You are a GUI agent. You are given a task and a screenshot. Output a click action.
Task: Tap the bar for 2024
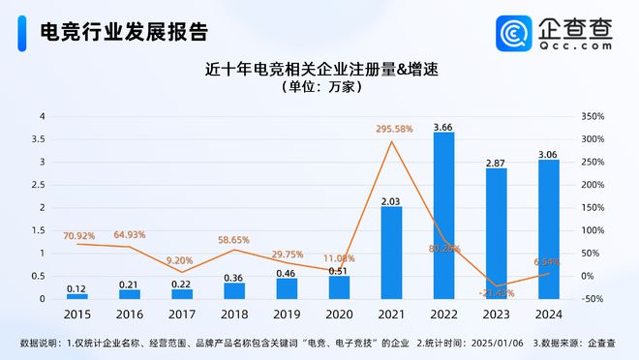pyautogui.click(x=549, y=229)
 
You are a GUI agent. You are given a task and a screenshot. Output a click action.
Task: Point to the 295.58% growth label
pyautogui.click(x=392, y=129)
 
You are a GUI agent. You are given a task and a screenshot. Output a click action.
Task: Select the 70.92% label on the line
pyautogui.click(x=79, y=235)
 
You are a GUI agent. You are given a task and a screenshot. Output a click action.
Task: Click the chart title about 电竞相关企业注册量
pyautogui.click(x=319, y=70)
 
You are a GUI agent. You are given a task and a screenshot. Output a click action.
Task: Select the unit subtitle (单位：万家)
pyautogui.click(x=320, y=87)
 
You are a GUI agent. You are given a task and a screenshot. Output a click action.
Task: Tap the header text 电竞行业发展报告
pyautogui.click(x=122, y=32)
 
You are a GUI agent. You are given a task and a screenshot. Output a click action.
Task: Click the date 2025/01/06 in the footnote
pyautogui.click(x=500, y=343)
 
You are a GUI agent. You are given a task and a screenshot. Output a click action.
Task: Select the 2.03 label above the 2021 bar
pyautogui.click(x=391, y=201)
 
